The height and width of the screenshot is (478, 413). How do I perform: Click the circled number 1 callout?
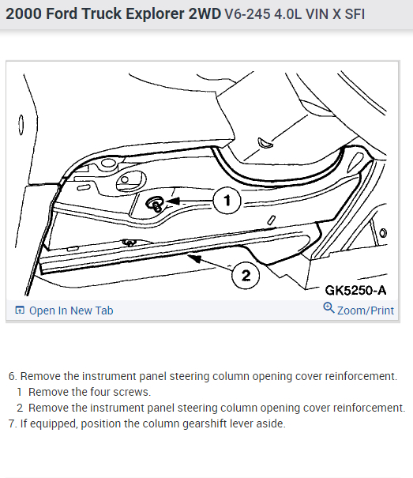(227, 201)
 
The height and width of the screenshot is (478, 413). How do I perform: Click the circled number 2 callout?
(246, 275)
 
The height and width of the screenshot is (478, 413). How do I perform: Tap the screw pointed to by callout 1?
(156, 204)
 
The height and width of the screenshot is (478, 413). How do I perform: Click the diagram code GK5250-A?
(355, 290)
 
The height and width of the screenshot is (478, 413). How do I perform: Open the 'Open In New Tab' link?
(71, 311)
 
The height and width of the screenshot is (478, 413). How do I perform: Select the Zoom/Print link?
(366, 311)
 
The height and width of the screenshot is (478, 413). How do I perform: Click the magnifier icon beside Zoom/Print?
(329, 308)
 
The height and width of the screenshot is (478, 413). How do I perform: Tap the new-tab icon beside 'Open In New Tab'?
(20, 310)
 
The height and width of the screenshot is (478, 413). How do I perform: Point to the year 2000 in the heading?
(24, 14)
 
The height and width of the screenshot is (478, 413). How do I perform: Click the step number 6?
(12, 376)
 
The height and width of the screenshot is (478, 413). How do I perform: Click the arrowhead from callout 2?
(194, 259)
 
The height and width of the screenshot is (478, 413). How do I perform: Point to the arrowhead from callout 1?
(172, 201)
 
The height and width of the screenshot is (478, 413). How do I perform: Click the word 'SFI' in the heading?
(355, 14)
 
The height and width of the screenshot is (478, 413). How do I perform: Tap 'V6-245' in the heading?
(247, 14)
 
